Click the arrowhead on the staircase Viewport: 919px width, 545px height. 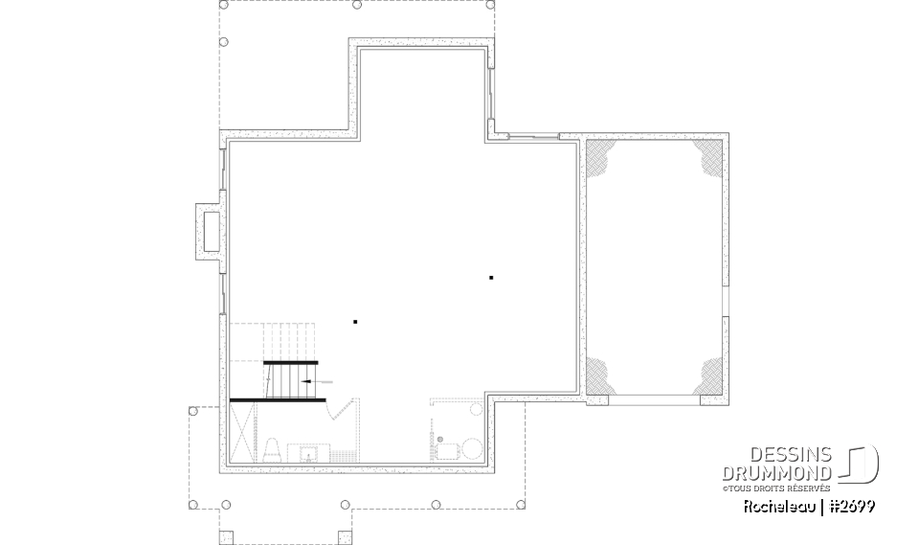(x=305, y=382)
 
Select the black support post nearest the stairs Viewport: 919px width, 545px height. (x=355, y=322)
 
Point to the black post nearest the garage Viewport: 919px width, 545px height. (x=491, y=278)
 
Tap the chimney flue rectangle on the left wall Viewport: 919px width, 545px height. (x=212, y=231)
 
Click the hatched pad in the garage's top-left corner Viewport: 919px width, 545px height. (x=599, y=156)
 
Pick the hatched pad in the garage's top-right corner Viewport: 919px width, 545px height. (x=708, y=156)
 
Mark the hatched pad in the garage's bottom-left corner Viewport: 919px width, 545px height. (x=599, y=376)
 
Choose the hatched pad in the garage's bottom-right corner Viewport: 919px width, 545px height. (x=708, y=376)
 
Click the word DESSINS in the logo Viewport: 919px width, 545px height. (x=791, y=454)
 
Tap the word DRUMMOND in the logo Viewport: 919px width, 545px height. (x=776, y=473)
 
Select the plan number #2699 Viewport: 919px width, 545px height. (x=853, y=507)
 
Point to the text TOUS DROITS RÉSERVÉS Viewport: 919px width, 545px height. (x=779, y=488)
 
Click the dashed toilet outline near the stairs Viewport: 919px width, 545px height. (x=271, y=450)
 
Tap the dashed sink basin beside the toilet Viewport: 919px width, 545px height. (x=308, y=453)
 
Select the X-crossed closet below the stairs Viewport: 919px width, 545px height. (x=242, y=432)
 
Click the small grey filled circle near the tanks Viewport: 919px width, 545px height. (x=440, y=439)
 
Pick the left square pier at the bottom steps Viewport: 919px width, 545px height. (x=226, y=537)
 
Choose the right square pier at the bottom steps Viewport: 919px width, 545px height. (x=346, y=537)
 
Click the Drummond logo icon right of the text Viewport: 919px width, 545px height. (x=860, y=464)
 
